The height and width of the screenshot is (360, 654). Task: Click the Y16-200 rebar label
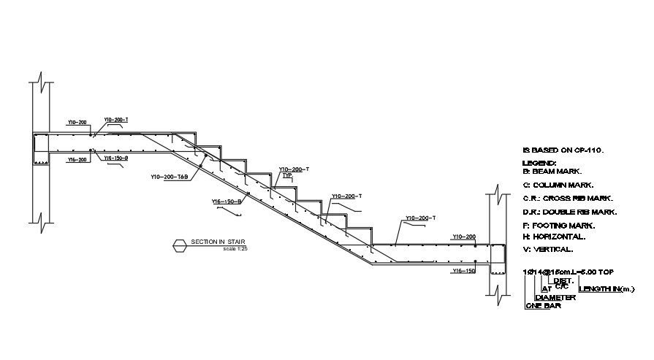coord(77,158)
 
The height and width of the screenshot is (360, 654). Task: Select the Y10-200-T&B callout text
coord(170,177)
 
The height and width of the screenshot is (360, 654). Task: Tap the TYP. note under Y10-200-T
coord(286,176)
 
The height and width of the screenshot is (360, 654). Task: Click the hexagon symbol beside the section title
coord(180,245)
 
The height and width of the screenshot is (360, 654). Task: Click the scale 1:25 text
coord(236,249)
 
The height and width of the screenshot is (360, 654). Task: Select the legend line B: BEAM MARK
coord(552,171)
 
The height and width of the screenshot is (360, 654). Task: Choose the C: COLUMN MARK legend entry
coord(558,185)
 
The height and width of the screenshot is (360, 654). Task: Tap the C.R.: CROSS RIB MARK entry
coord(568,198)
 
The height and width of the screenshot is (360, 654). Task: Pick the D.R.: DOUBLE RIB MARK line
coord(570,212)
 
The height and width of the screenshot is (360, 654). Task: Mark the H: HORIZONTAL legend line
coord(555,237)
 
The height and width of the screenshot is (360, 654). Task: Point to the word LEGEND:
coord(539,163)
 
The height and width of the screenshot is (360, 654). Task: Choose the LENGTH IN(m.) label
coord(607,289)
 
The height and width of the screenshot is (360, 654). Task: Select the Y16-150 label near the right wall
coord(464,271)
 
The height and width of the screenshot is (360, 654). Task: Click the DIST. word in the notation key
coord(563,280)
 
